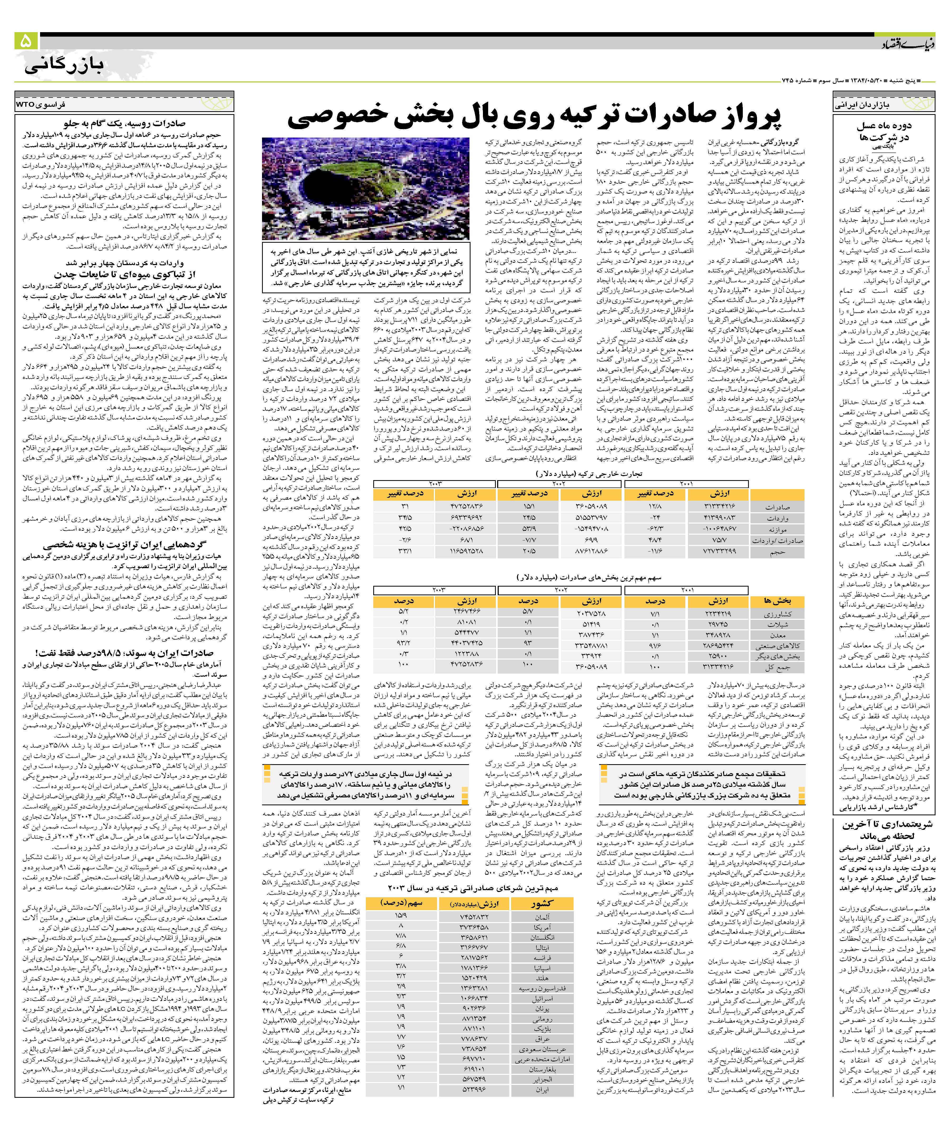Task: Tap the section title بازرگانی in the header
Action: click(64, 66)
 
